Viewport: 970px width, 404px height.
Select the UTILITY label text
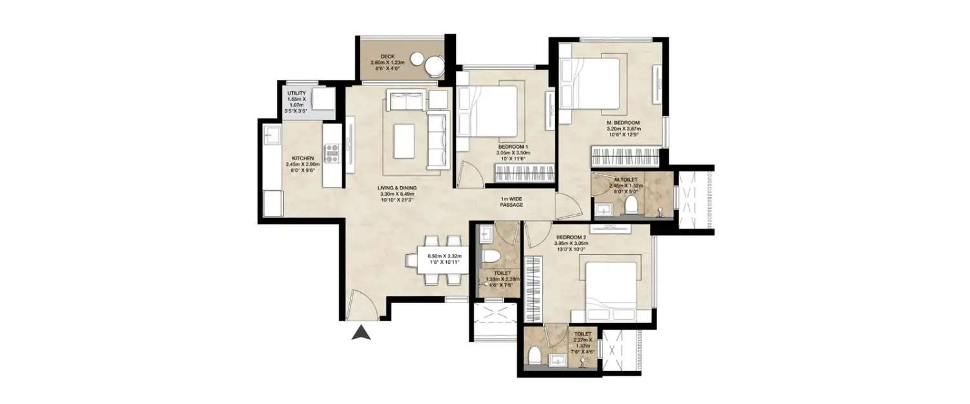point(296,94)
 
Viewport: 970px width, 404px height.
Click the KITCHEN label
point(303,158)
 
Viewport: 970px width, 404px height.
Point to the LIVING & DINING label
point(397,188)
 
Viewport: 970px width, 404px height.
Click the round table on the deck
point(432,65)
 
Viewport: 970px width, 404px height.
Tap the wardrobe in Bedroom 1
point(523,173)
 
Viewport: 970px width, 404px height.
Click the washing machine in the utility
point(323,100)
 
